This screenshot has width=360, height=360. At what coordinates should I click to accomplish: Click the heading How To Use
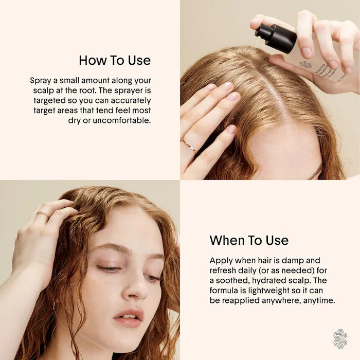click(115, 60)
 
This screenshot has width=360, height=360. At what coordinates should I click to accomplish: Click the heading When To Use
click(249, 240)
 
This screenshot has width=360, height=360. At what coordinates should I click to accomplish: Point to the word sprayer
click(129, 91)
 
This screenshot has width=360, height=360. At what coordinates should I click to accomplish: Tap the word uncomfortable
click(122, 120)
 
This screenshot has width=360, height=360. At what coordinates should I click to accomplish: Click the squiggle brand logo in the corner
click(340, 339)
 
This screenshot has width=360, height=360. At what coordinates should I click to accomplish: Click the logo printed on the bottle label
click(305, 64)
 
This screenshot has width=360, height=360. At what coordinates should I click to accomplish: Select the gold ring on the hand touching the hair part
click(189, 146)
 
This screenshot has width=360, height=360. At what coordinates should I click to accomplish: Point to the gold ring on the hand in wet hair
click(43, 214)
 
